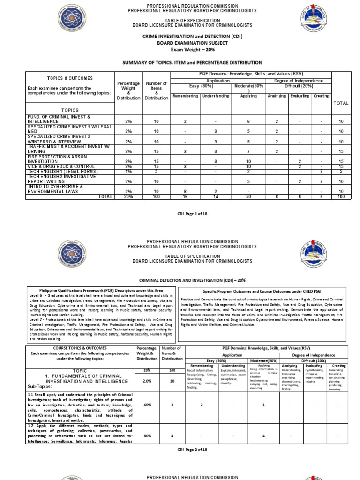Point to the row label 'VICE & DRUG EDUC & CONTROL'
coord(58,166)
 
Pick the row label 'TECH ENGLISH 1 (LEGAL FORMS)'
coord(59,172)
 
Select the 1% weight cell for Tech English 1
coord(128,172)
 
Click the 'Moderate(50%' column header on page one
coord(249,87)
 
